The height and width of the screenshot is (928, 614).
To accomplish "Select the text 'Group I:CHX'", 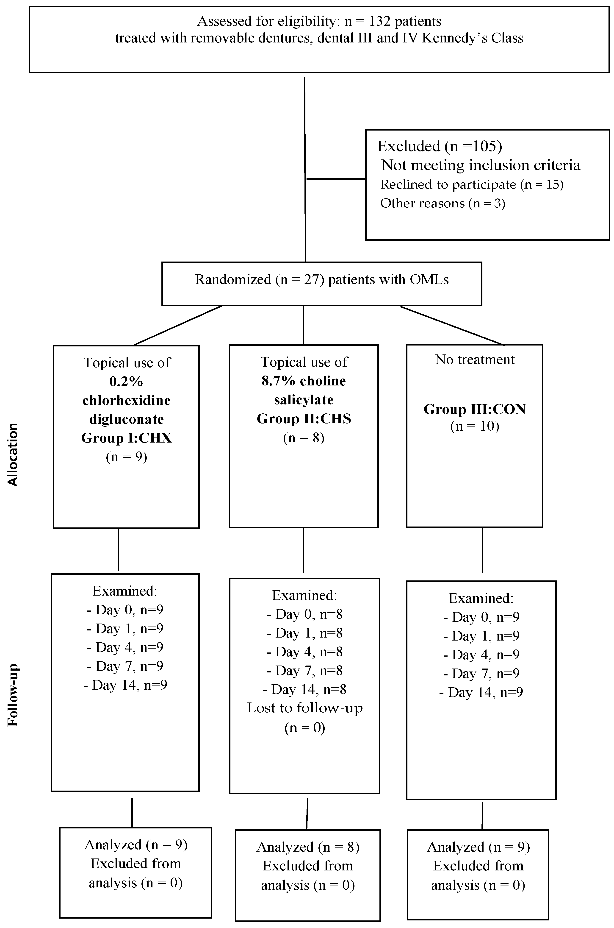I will (127, 438).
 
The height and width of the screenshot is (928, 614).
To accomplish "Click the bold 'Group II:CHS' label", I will (304, 419).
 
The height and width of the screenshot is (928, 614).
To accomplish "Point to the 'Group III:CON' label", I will (475, 409).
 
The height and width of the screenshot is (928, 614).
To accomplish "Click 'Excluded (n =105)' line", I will (439, 146).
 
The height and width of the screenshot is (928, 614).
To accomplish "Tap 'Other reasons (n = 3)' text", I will (443, 203).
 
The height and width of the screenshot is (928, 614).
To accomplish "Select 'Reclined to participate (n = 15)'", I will (471, 184).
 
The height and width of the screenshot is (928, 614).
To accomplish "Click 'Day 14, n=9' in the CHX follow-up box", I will (125, 685).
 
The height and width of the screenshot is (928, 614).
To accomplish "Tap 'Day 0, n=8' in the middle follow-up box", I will (305, 614).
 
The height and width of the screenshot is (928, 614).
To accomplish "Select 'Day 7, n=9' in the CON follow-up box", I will (481, 673).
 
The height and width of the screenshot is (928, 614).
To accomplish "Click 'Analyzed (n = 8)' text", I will (308, 847).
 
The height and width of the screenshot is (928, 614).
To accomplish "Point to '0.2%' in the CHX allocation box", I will (126, 381).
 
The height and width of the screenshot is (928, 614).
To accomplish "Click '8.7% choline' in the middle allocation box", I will (304, 381).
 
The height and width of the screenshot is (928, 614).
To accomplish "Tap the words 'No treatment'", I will (475, 359).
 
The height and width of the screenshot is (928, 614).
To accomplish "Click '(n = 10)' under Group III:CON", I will (475, 426).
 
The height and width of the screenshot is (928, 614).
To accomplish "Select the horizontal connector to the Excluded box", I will (336, 179).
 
